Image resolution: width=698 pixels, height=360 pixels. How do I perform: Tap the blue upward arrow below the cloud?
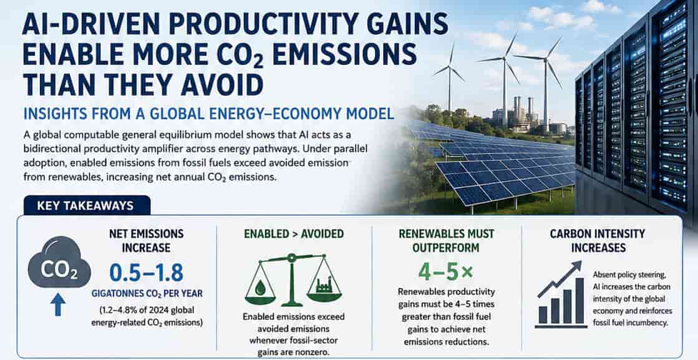pyautogui.click(x=58, y=304)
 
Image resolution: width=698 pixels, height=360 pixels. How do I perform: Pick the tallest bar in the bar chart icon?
pyautogui.click(x=579, y=301)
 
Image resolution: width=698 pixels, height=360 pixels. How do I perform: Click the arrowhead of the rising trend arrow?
pyautogui.click(x=576, y=266)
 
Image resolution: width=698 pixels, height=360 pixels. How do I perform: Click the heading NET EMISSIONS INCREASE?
pyautogui.click(x=146, y=240)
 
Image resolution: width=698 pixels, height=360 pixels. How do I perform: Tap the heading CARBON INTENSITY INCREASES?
pyautogui.click(x=598, y=240)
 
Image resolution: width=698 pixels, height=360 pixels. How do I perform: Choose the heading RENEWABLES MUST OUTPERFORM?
pyautogui.click(x=446, y=240)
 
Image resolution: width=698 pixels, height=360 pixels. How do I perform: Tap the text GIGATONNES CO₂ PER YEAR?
pyautogui.click(x=147, y=294)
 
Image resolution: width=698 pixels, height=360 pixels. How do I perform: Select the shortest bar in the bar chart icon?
pyautogui.click(x=543, y=314)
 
